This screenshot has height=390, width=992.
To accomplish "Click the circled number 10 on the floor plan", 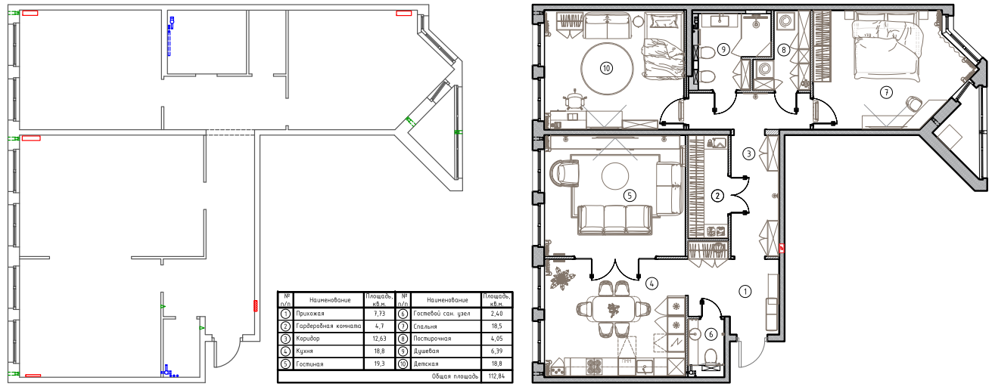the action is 606,68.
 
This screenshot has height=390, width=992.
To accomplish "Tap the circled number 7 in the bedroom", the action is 886,92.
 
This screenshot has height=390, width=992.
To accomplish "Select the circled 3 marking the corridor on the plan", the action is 748,154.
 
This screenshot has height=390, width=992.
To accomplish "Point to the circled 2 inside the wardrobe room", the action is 717,196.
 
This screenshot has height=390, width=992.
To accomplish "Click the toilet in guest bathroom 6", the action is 711,357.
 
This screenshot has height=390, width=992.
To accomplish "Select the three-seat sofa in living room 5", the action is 614,219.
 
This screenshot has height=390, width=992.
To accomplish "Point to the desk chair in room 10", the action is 574,100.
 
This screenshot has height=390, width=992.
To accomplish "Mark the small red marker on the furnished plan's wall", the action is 782,248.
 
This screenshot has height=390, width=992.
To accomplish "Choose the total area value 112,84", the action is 497,376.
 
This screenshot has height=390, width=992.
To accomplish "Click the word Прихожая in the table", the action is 310,314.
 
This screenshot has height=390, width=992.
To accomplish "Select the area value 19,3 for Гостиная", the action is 379,364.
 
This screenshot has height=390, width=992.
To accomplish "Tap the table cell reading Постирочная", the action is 432,339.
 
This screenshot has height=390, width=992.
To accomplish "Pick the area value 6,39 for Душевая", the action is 497,351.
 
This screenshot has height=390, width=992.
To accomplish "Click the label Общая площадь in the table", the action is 455,376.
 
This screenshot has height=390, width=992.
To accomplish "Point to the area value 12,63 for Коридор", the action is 379,339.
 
